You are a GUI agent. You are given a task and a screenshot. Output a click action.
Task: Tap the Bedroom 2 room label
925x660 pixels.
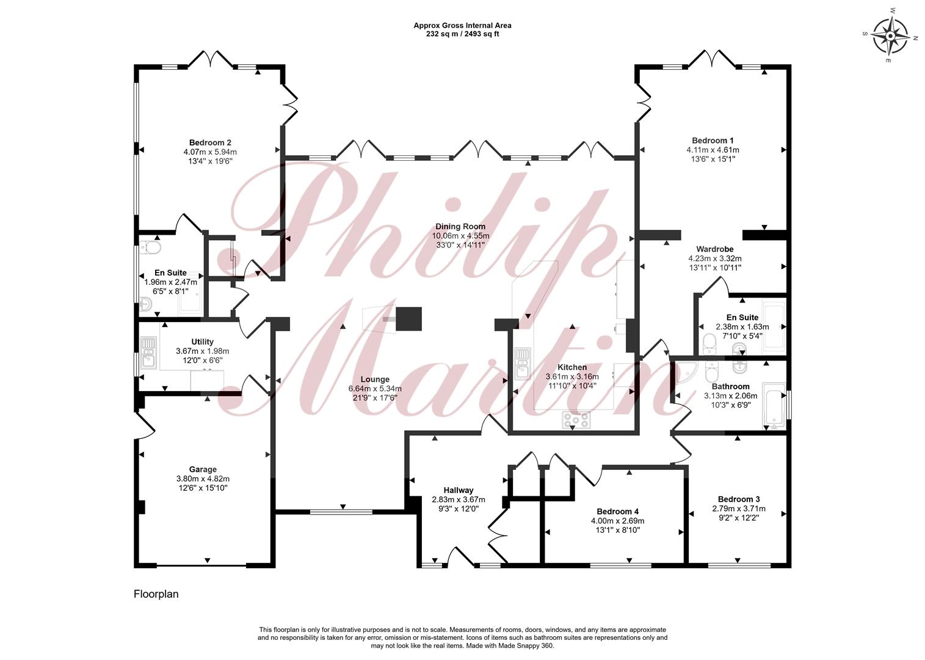point(210,143)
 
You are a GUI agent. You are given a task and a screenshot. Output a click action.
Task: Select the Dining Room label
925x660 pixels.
point(460,227)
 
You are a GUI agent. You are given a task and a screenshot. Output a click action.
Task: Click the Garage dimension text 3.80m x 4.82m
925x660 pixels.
point(203,479)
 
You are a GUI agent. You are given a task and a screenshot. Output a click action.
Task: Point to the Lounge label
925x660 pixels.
point(375,380)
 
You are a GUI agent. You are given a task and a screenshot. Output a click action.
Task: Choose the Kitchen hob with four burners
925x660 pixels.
point(576,420)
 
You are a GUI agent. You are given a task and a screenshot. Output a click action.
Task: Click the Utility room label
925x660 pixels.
point(202,342)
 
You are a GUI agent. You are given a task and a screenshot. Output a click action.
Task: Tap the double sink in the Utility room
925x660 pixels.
point(148,353)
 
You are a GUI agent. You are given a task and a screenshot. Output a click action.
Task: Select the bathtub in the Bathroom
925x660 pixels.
point(774,406)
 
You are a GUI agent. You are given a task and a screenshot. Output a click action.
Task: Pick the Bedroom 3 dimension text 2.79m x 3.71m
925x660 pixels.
point(739,508)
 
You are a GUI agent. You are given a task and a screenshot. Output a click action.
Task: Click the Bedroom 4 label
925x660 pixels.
point(618,512)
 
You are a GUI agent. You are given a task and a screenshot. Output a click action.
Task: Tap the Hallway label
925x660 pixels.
point(459,490)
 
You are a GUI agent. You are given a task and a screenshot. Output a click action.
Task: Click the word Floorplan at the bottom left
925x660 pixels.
point(156,594)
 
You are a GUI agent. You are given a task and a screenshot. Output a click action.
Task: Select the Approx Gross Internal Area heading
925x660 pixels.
point(463,25)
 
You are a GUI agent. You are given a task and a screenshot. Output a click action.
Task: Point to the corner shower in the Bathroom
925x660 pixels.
point(686,373)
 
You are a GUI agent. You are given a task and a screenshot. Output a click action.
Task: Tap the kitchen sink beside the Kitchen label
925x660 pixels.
point(523,363)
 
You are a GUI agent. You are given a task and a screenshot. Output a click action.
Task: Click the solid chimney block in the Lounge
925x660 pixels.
point(409,318)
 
